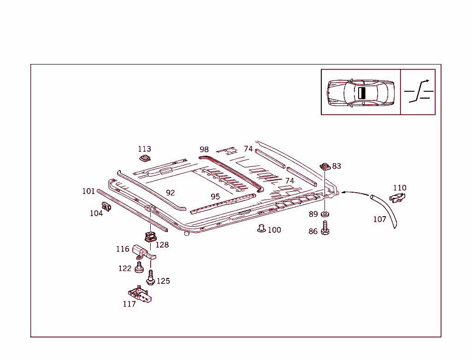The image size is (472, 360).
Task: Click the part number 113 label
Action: [x=144, y=149]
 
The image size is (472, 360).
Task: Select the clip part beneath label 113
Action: [x=144, y=159]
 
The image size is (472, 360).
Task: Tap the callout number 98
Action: [x=204, y=149]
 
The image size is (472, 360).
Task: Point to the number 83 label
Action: [x=336, y=166]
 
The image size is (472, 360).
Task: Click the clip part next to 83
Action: [x=324, y=165]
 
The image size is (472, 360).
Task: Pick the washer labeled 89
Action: [x=325, y=214]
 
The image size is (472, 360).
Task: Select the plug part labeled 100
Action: [x=261, y=229]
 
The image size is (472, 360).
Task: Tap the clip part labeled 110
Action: [x=397, y=198]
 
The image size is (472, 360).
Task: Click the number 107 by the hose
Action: [x=379, y=219]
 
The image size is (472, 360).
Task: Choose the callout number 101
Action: [x=88, y=191]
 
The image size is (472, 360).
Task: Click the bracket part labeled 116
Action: [x=142, y=251]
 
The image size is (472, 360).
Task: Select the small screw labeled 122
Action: [x=139, y=267]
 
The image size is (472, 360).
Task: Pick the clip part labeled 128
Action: [x=150, y=237]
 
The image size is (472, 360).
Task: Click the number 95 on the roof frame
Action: [x=215, y=196]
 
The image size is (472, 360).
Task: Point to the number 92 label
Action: [x=171, y=193]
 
